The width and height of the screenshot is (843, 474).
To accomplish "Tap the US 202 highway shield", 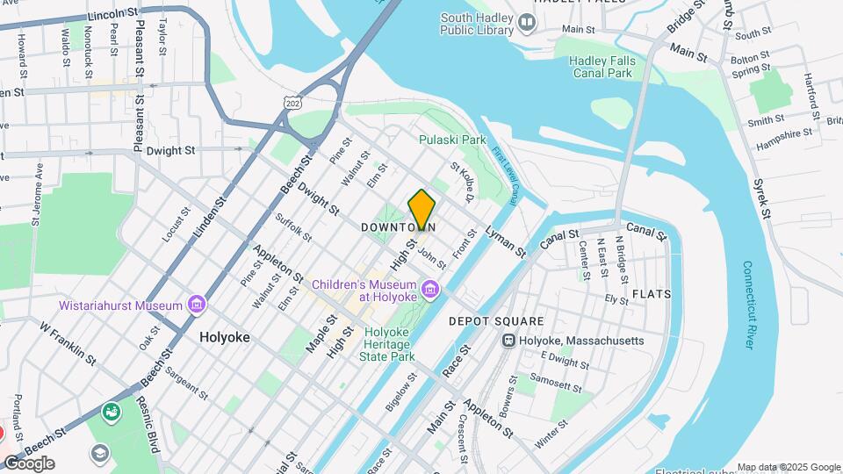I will coord(293,103).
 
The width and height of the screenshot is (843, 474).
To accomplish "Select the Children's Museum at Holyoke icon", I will coord(429,288).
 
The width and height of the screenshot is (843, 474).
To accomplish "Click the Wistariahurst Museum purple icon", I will coord(197,305).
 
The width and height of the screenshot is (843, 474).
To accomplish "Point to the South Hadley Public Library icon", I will coord(527,22).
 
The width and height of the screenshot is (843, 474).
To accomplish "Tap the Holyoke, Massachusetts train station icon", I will coord(508,341).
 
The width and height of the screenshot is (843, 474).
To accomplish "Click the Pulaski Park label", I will coord(452,140).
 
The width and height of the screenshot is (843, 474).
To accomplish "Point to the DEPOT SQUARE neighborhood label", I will coord(496,321).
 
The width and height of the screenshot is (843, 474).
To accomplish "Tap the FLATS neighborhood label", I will coord(652,294).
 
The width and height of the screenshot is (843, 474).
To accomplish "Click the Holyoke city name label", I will coord(224,337).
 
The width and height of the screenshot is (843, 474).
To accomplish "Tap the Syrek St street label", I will coord(761,199).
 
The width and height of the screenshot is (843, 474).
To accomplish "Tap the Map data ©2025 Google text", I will coord(788,467).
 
